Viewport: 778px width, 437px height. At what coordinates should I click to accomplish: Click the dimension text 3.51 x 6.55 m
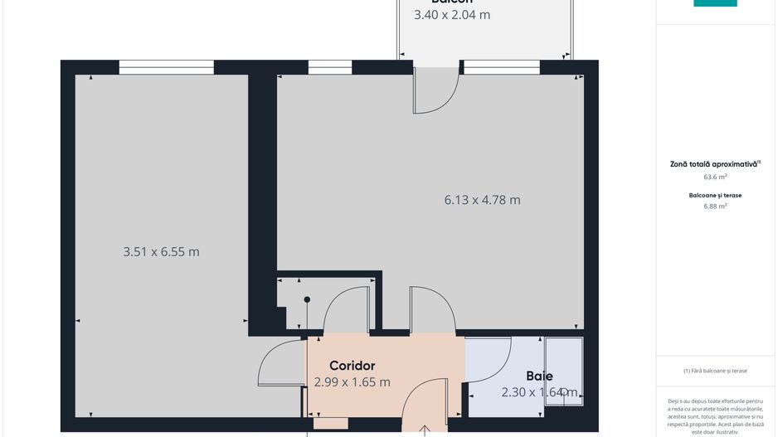coord(161,252)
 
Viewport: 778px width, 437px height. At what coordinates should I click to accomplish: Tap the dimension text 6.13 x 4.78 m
coord(482,200)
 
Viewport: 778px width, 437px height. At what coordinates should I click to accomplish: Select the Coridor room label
coord(353,366)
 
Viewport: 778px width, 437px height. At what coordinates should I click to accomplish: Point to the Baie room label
coord(539,376)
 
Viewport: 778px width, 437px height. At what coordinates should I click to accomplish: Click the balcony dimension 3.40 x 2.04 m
coord(452,14)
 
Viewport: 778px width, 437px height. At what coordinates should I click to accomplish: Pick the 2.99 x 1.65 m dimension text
coord(353,382)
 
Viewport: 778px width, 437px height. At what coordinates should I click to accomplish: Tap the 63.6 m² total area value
coord(715,177)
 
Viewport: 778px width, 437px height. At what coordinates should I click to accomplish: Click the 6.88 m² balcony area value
coord(715,206)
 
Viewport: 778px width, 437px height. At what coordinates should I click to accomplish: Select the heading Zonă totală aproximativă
coord(714,164)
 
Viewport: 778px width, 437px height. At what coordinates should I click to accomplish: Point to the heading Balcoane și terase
coord(715,195)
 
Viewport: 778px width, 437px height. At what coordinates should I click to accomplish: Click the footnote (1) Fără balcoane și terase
coord(715,371)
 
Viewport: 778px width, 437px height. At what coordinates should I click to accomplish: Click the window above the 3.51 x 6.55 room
coord(166,67)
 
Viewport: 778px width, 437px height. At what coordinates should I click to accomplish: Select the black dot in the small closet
coord(307,299)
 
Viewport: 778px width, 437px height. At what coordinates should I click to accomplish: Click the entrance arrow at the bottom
coord(425,430)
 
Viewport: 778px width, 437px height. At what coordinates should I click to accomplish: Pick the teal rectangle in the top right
coord(715,3)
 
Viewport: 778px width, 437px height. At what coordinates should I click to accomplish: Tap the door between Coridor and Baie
coord(488,360)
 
